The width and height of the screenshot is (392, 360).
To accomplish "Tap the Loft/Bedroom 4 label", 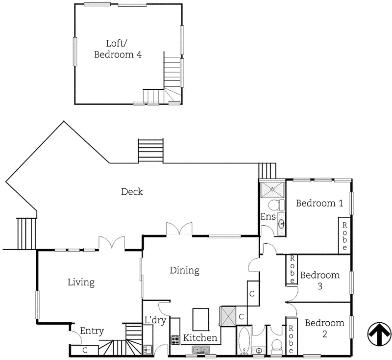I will [x=118, y=49].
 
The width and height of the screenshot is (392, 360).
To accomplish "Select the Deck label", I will [x=132, y=192].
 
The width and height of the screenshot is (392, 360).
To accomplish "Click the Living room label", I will [x=81, y=283].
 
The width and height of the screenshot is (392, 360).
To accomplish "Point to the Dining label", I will [x=185, y=270].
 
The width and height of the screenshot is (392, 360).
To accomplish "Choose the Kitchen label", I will [x=200, y=338].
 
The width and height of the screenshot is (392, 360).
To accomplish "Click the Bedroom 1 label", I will [x=319, y=203].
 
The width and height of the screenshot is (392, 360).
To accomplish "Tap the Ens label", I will [x=268, y=216].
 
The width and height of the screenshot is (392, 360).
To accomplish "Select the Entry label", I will [x=92, y=331].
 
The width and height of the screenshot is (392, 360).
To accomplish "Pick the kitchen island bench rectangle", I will [x=201, y=319].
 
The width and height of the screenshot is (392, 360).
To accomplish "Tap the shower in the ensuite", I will [x=272, y=188].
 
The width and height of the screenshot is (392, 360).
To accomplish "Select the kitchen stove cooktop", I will [x=175, y=339].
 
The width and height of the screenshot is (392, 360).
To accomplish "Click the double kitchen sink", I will [x=200, y=350].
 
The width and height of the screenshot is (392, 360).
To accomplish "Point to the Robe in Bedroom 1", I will [x=345, y=235].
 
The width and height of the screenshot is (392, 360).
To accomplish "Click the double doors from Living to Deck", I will [x=111, y=243].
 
